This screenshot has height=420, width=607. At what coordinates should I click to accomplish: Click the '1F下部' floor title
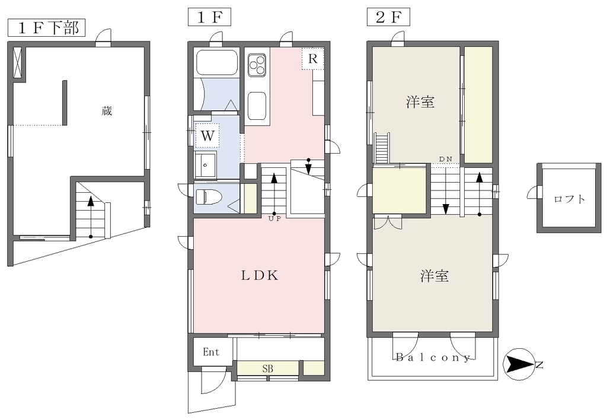[46, 28]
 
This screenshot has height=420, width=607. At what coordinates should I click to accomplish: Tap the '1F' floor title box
[209, 17]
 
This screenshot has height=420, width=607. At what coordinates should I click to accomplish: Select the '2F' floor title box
[388, 17]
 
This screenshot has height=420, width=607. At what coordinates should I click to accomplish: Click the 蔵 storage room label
[107, 111]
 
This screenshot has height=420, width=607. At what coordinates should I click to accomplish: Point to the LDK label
[260, 275]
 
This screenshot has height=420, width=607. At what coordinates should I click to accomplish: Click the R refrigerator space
[313, 59]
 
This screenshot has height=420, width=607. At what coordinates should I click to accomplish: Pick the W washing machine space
[207, 136]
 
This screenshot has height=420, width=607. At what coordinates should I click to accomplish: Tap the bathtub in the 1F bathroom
[217, 62]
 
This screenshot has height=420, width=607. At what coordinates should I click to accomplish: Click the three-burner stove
[257, 64]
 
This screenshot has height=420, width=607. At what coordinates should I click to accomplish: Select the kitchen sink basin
[257, 106]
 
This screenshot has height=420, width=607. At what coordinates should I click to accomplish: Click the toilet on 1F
[208, 196]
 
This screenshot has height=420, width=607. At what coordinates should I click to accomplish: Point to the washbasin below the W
[206, 164]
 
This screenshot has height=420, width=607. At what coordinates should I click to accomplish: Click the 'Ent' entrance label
[211, 352]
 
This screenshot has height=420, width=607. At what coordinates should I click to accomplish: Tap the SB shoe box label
[268, 368]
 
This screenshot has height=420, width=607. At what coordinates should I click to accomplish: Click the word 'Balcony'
[433, 357]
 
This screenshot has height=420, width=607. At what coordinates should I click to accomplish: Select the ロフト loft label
[569, 199]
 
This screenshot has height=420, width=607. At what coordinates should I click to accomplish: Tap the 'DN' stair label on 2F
[446, 159]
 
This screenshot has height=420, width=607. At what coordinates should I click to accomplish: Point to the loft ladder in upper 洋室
[382, 148]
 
